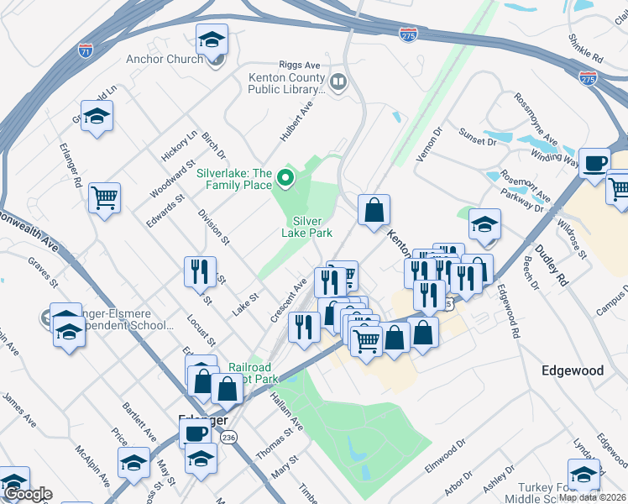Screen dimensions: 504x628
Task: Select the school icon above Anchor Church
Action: pos(212,39)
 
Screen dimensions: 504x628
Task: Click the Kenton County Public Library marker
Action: pos(338,82)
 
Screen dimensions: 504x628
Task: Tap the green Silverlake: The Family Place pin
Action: pos(285,177)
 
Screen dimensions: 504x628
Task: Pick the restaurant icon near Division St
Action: pos(200,270)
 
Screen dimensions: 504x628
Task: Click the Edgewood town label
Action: pos(573,370)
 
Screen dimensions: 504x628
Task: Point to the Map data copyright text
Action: pos(592,497)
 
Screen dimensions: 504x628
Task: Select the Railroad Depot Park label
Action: pos(250,373)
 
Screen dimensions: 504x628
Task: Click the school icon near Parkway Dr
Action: pos(484,223)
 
